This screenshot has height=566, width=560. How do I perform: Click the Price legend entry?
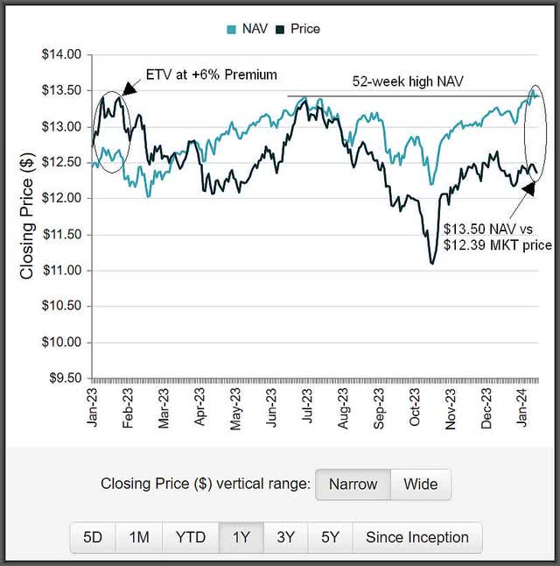click(297, 29)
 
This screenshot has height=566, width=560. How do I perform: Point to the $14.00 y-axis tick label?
click(61, 54)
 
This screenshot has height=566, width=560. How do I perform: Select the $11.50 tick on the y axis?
click(61, 235)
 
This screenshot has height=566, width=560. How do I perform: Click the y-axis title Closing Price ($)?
click(26, 216)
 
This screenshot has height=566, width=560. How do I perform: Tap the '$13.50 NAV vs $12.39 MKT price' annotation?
click(496, 237)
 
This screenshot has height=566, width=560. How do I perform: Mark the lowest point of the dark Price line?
click(432, 263)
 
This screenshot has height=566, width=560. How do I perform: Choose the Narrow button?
click(353, 484)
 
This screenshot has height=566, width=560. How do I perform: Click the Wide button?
click(420, 484)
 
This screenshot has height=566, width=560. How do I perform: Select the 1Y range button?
click(241, 537)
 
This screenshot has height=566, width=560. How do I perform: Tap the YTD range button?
click(190, 537)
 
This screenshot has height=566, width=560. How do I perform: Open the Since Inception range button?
click(417, 537)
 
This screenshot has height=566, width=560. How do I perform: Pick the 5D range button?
click(93, 537)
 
